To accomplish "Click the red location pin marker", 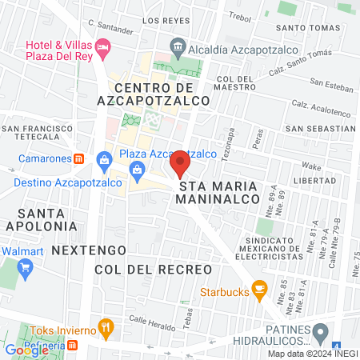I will pos(179,166).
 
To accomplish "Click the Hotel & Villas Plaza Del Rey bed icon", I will pos(102,49).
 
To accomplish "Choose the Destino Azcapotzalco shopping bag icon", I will pos(104,161).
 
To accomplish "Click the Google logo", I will pos(26,350).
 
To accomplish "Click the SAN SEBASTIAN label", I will pos(320,128).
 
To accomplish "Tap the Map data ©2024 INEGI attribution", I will pos(312,353).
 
